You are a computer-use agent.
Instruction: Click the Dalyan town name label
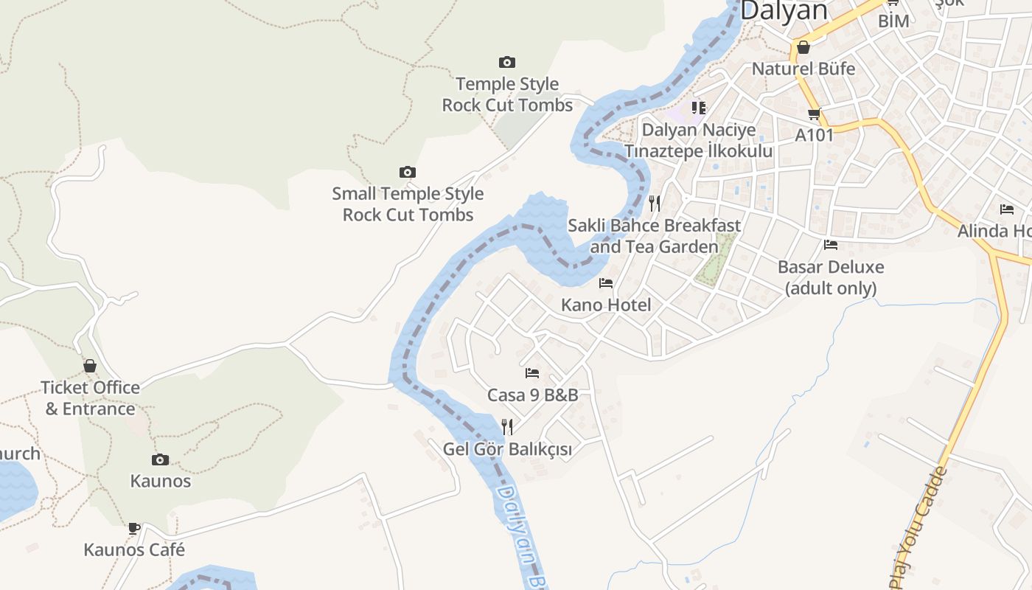pos(784,10)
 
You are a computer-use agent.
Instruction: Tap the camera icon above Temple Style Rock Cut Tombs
pos(507,62)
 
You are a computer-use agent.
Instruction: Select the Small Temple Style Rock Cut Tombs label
pos(408,204)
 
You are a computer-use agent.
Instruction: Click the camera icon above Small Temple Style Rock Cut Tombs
pos(408,172)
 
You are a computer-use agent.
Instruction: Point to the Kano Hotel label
pos(606,305)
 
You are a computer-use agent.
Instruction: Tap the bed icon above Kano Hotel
pos(606,282)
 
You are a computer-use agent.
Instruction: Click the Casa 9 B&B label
pos(532,395)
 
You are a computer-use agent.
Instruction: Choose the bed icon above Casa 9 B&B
pos(532,372)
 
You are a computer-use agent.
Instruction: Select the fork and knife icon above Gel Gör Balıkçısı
pos(507,426)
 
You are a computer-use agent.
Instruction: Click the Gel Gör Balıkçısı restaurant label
pos(507,448)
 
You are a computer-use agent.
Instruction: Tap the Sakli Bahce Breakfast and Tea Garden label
pos(654,235)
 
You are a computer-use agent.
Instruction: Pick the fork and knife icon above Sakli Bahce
pos(655,203)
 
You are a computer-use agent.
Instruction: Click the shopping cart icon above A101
pos(815,114)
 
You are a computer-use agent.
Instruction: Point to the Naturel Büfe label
pos(803,69)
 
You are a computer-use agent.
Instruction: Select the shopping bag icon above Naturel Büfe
pos(803,47)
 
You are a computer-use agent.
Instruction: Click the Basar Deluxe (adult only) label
pos(831,277)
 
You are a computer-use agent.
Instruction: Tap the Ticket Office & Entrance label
pos(90,398)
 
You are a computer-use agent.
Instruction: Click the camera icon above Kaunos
pos(160,459)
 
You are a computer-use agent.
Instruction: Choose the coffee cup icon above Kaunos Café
pos(134,528)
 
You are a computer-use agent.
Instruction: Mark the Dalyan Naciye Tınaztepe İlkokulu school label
pos(699,140)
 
